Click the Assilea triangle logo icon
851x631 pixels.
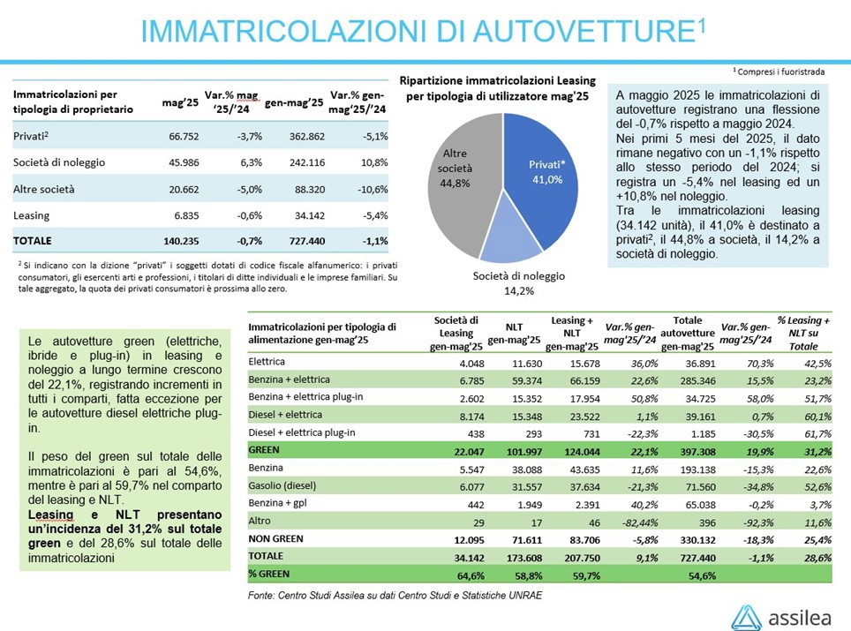[746, 618]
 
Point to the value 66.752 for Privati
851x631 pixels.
[184, 136]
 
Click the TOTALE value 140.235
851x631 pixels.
[181, 241]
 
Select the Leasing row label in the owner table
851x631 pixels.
[31, 215]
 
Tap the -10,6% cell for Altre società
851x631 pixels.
[373, 190]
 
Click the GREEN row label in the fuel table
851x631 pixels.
[264, 450]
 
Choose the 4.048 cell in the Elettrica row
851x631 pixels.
[471, 364]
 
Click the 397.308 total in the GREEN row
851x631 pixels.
[697, 452]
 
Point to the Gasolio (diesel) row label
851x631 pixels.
[282, 485]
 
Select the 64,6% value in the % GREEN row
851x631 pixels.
[471, 575]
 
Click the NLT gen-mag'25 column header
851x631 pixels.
[514, 334]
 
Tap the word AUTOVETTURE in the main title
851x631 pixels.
[585, 32]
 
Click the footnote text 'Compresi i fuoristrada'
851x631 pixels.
[780, 71]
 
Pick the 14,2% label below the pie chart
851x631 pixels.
[519, 291]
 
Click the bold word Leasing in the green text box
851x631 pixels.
[50, 515]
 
